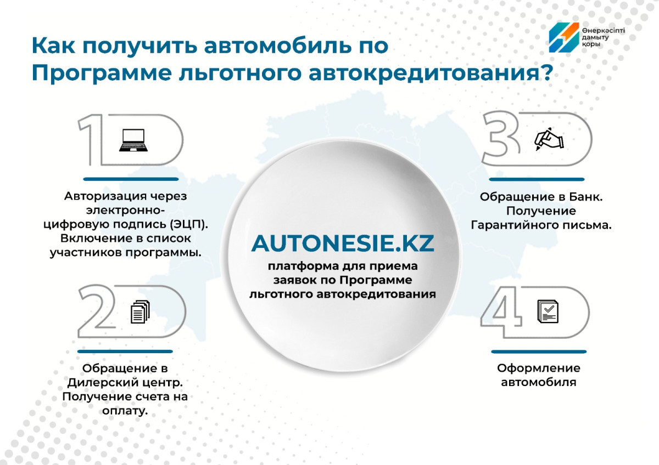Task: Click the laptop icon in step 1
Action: click(133, 140)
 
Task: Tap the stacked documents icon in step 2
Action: click(140, 311)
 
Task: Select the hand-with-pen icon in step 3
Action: click(549, 139)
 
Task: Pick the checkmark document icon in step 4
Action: click(548, 311)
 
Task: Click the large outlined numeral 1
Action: click(91, 139)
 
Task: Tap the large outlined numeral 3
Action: click(501, 138)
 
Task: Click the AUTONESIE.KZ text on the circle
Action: click(343, 243)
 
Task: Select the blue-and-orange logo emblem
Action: click(564, 38)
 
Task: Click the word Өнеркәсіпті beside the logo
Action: click(604, 31)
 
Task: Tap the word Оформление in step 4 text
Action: click(539, 368)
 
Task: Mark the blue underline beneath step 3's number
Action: click(537, 179)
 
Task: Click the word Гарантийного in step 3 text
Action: click(513, 225)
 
